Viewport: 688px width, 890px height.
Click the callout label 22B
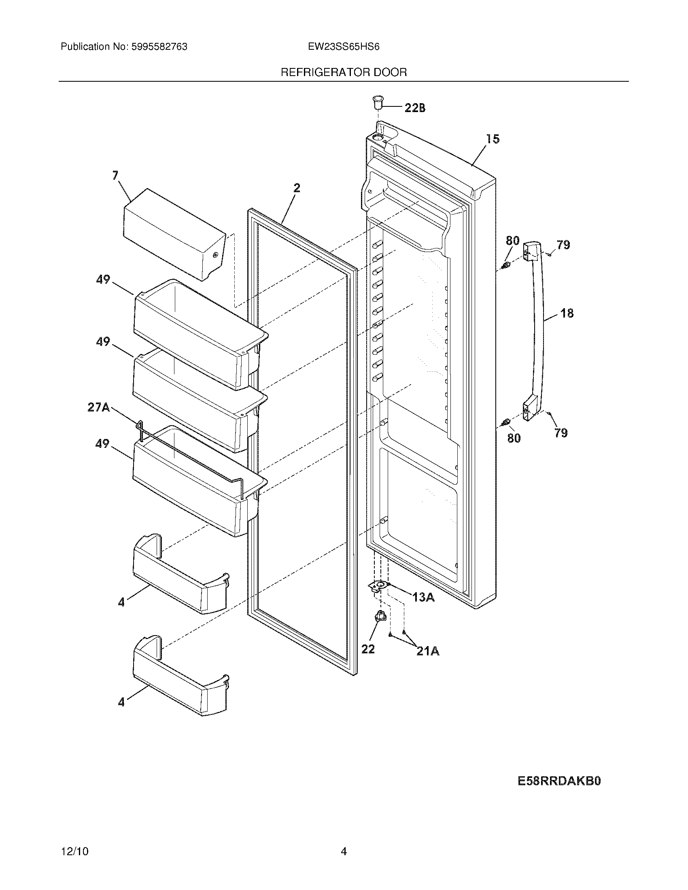(415, 108)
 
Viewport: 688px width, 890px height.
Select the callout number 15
(493, 139)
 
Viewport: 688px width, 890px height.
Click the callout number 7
(115, 176)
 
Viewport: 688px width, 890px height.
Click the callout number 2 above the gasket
(297, 188)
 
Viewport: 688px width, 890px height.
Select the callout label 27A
(98, 407)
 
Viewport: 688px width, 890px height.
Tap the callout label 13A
(423, 598)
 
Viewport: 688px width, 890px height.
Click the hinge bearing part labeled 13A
(379, 586)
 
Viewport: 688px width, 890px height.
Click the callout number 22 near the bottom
(367, 649)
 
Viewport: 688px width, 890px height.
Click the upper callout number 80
(513, 241)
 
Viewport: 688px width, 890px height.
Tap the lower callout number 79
(561, 433)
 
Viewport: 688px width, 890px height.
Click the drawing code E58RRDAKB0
(559, 781)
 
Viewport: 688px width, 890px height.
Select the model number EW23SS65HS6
(344, 47)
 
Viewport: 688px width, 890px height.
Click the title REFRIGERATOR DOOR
(344, 72)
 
